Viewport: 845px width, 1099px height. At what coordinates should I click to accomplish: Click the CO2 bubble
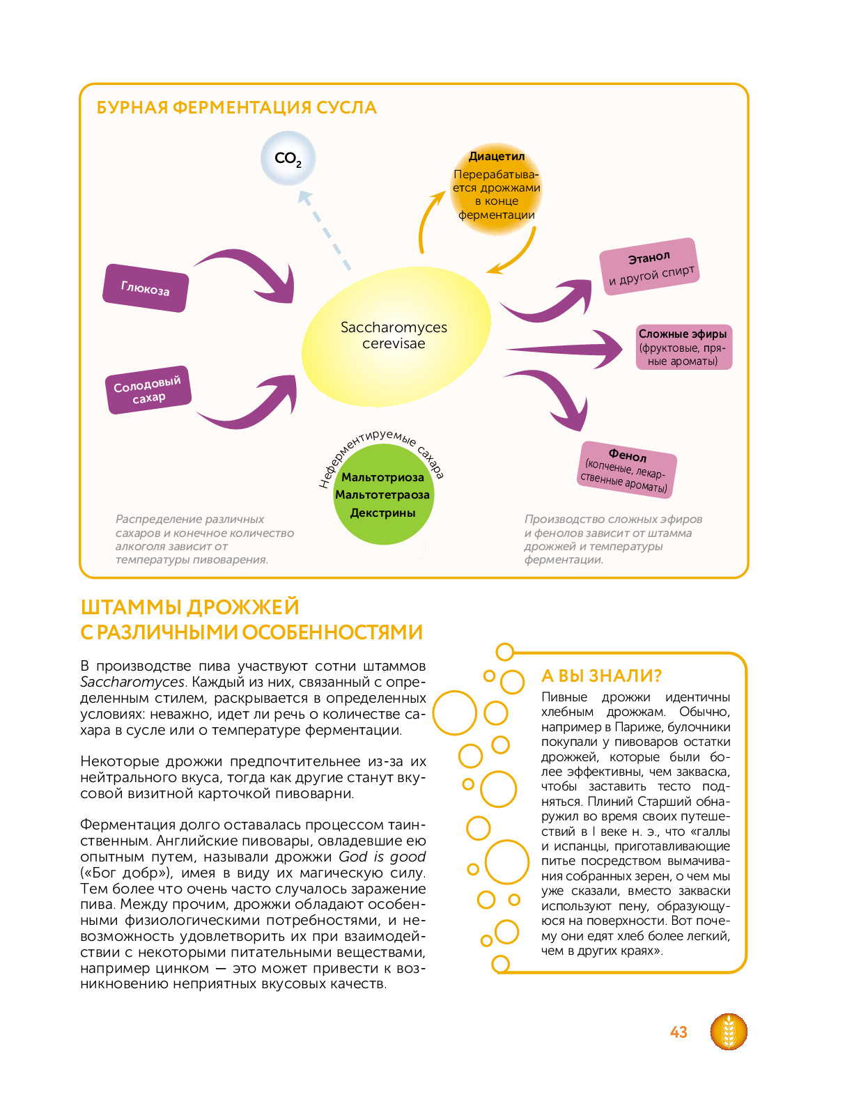tap(288, 158)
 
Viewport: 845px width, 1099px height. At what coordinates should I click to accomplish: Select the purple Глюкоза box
tap(146, 288)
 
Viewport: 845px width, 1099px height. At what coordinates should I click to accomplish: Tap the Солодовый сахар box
tap(148, 389)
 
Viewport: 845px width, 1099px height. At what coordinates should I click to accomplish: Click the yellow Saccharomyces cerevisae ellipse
tap(396, 337)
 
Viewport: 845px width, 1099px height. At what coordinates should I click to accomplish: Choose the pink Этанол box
tap(649, 266)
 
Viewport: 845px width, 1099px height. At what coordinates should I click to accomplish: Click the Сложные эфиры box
tap(683, 347)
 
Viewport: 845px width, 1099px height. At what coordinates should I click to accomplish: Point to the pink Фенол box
tap(626, 470)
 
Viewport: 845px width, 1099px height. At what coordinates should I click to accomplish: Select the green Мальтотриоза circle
tap(383, 494)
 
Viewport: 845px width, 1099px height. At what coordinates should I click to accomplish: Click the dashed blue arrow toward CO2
tap(324, 231)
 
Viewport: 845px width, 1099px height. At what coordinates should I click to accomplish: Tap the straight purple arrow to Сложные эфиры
tap(564, 348)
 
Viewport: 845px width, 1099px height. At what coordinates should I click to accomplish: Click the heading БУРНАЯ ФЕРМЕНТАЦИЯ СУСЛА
tap(237, 108)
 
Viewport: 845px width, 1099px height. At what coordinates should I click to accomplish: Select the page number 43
tap(678, 1032)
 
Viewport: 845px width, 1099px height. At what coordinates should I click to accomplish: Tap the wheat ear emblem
tap(728, 1031)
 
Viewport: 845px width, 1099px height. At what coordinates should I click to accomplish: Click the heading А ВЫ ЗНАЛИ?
tap(601, 676)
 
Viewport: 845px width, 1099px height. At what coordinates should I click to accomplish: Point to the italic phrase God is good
tap(382, 857)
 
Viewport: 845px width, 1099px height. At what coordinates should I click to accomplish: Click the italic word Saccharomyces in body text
tap(132, 683)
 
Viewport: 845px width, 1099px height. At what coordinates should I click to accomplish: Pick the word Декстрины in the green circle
tap(383, 513)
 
